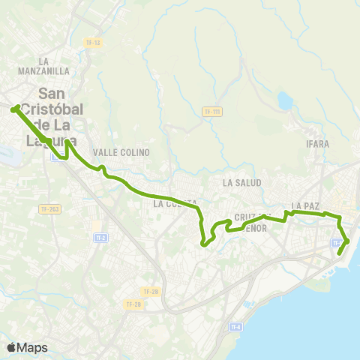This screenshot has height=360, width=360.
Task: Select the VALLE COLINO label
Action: coord(121,152)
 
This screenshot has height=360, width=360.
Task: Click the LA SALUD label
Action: coord(241,182)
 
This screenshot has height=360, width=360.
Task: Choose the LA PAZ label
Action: coord(306,205)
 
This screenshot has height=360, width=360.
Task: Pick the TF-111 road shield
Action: coord(213,112)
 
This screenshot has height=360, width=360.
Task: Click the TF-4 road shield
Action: coord(236,327)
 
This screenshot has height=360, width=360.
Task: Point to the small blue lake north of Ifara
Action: coord(285,100)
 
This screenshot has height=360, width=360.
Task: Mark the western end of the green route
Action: coord(13,110)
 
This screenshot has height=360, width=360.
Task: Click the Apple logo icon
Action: coord(11,347)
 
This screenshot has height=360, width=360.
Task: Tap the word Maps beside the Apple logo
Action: coord(32,347)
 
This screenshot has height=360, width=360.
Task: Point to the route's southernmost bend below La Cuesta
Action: coord(203,243)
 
